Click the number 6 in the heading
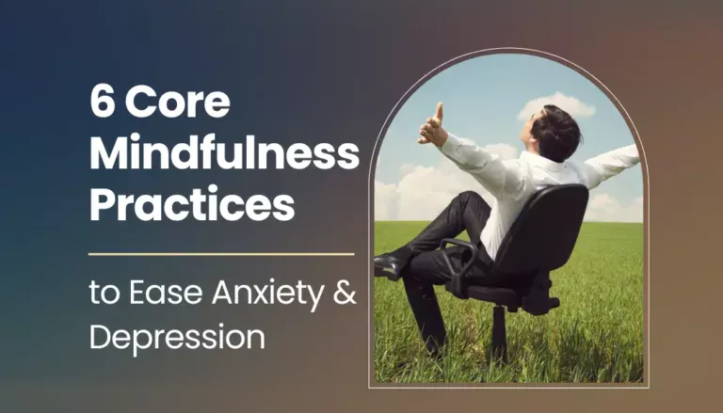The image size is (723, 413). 101,102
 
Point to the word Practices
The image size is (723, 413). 191,203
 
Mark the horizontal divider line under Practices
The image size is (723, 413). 221,253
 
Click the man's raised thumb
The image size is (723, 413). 438,113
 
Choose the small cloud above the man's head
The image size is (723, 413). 555,105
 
